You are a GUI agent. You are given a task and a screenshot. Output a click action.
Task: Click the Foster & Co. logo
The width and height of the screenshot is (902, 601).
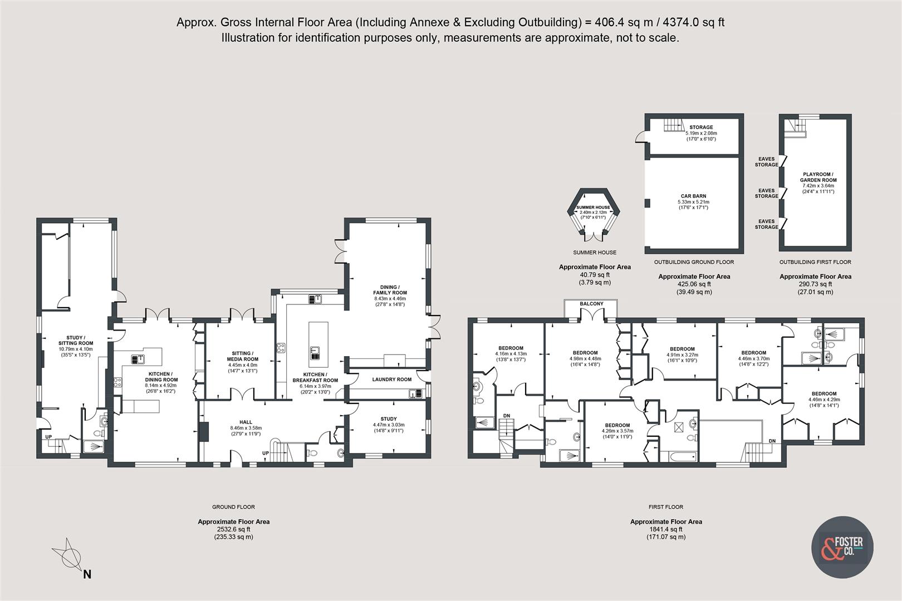point(841,546)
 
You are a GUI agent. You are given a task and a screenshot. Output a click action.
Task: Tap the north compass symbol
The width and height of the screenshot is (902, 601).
point(70,555)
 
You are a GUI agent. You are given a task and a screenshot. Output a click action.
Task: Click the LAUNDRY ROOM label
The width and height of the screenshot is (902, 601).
point(391,380)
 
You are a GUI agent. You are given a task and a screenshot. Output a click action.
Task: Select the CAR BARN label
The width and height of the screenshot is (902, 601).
point(693,196)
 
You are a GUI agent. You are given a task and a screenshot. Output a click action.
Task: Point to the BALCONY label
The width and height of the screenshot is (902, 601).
point(591,304)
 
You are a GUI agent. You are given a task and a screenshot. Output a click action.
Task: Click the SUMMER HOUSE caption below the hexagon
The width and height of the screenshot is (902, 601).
point(595,253)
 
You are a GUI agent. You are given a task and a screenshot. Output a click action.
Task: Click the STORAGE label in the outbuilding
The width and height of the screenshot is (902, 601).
point(700,127)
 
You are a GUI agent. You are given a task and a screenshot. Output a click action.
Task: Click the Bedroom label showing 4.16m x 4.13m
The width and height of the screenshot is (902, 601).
point(511,348)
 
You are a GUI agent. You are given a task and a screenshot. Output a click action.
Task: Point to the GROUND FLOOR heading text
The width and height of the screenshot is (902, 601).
point(233,507)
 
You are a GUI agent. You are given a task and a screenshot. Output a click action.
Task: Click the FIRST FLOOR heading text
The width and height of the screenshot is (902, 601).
point(665,507)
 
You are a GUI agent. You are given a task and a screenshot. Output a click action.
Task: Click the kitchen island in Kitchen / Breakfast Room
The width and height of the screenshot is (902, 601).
point(318,344)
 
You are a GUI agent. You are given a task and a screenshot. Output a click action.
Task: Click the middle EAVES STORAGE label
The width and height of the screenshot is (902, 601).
point(766,193)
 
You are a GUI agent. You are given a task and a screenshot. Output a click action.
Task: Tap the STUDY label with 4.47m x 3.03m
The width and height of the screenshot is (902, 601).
point(389,419)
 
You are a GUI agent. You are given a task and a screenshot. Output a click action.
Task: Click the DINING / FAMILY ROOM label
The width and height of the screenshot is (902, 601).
point(390,289)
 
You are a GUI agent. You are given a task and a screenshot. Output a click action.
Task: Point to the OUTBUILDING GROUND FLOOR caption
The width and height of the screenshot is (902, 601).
point(693,262)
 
